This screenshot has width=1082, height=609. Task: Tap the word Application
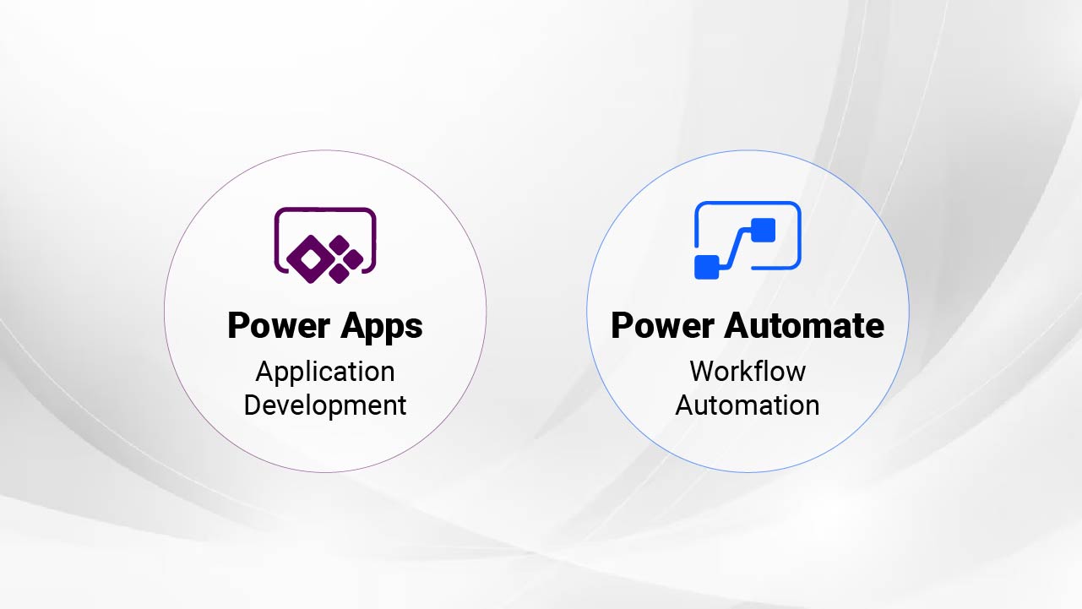click(325, 372)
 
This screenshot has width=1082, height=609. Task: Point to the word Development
click(325, 405)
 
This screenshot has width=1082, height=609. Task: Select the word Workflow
click(748, 371)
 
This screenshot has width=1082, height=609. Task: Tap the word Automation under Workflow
click(748, 405)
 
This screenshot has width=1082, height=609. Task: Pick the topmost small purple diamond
click(340, 246)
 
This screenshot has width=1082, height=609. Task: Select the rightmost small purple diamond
click(353, 259)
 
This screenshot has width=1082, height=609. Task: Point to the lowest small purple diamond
click(340, 273)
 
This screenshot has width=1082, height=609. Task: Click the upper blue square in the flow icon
click(763, 230)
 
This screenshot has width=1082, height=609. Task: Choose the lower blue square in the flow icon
click(706, 266)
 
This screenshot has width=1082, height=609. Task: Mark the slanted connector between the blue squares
click(735, 247)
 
